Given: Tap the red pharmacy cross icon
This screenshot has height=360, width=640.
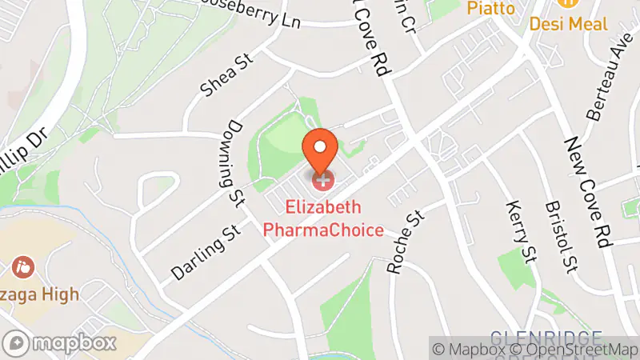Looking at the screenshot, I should tap(322, 181).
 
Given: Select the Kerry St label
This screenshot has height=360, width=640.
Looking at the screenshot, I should tap(520, 232).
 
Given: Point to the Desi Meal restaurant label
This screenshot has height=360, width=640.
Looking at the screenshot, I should tap(568, 24).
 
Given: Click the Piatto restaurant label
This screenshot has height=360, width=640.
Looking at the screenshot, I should tap(490, 7).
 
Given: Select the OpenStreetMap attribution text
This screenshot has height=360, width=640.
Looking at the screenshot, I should tap(574, 349).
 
